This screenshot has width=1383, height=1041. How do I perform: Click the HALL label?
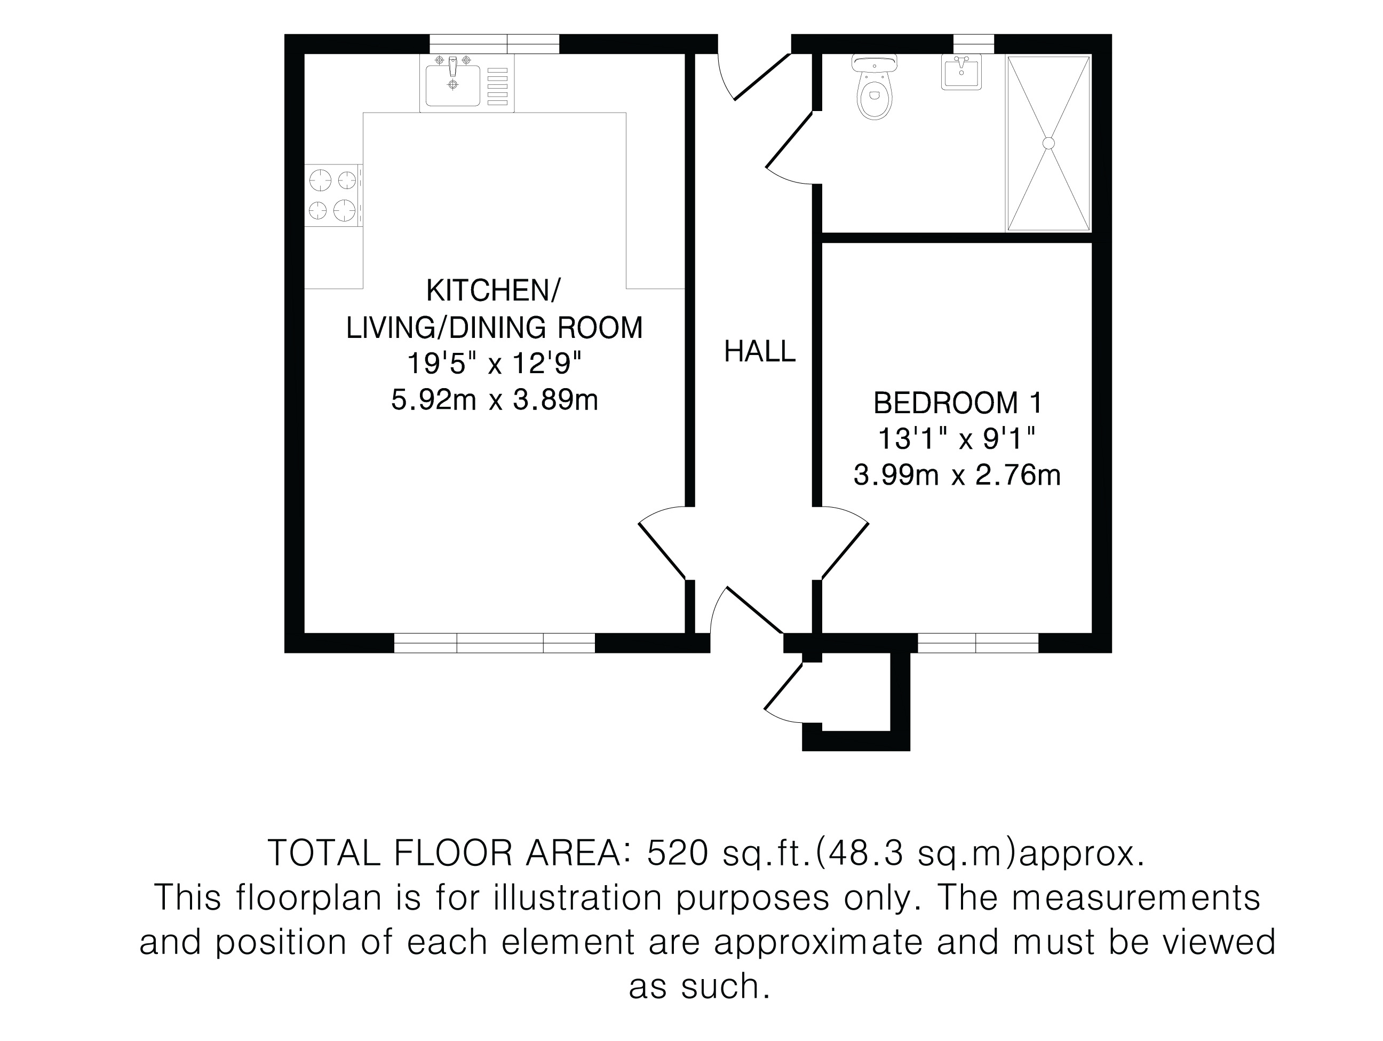pos(760,352)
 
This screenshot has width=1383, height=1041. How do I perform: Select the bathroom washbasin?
pos(961,72)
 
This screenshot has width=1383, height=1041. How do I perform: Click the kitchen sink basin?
pos(452,86)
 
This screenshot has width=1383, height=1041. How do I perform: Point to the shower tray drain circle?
pos(1048,143)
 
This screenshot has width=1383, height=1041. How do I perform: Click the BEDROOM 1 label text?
pos(958,403)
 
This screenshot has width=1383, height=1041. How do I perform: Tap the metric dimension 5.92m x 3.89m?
pos(495,400)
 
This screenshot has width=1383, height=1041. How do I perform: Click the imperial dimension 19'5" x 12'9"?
pos(495,363)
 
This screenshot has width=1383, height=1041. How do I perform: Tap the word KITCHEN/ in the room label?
pos(494,291)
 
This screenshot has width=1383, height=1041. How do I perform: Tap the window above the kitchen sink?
pos(494,44)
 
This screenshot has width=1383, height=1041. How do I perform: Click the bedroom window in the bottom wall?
pos(978,643)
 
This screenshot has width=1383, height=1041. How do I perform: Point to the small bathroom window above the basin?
pos(973,44)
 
